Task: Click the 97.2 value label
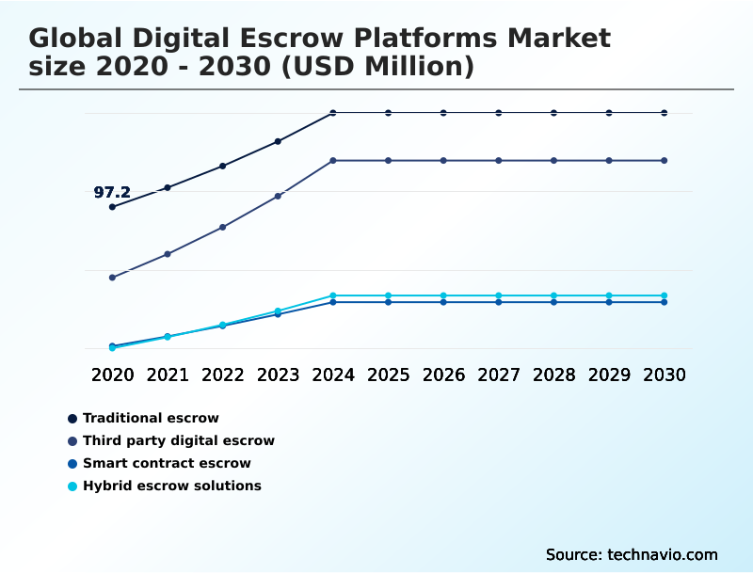[x=112, y=193]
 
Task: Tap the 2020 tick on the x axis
[x=112, y=375]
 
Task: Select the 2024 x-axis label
[x=333, y=375]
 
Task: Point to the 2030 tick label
[x=665, y=375]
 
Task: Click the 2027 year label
[x=499, y=375]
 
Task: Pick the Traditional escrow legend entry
[x=151, y=418]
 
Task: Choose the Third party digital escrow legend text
[x=179, y=440]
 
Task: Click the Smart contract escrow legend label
[x=167, y=463]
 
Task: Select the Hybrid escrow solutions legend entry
[x=172, y=486]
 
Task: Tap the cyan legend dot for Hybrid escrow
[x=72, y=486]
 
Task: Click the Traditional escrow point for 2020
[x=112, y=207]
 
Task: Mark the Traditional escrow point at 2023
[x=278, y=141]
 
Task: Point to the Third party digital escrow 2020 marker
[x=112, y=278]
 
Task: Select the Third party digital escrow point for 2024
[x=333, y=161]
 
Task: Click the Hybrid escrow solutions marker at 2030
[x=665, y=295]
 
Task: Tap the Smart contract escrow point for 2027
[x=499, y=302]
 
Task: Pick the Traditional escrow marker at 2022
[x=223, y=166]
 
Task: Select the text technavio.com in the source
[x=663, y=554]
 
